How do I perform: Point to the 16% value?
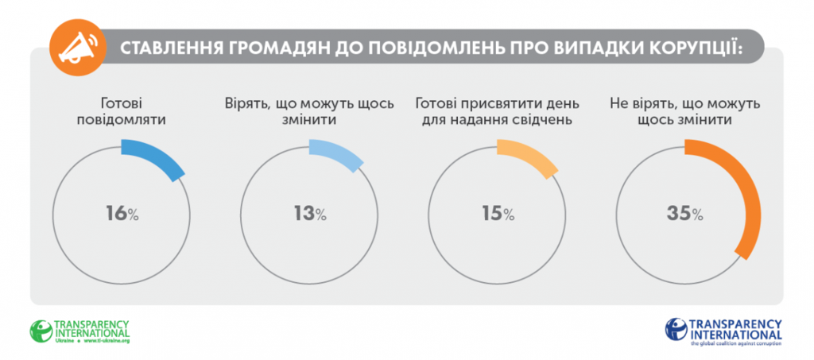click(x=122, y=213)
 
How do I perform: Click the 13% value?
click(x=309, y=213)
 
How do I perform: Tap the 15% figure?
click(x=497, y=213)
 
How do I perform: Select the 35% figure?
click(x=685, y=213)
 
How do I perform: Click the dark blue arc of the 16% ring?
click(x=157, y=157)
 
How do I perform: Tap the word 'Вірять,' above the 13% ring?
click(x=246, y=104)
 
